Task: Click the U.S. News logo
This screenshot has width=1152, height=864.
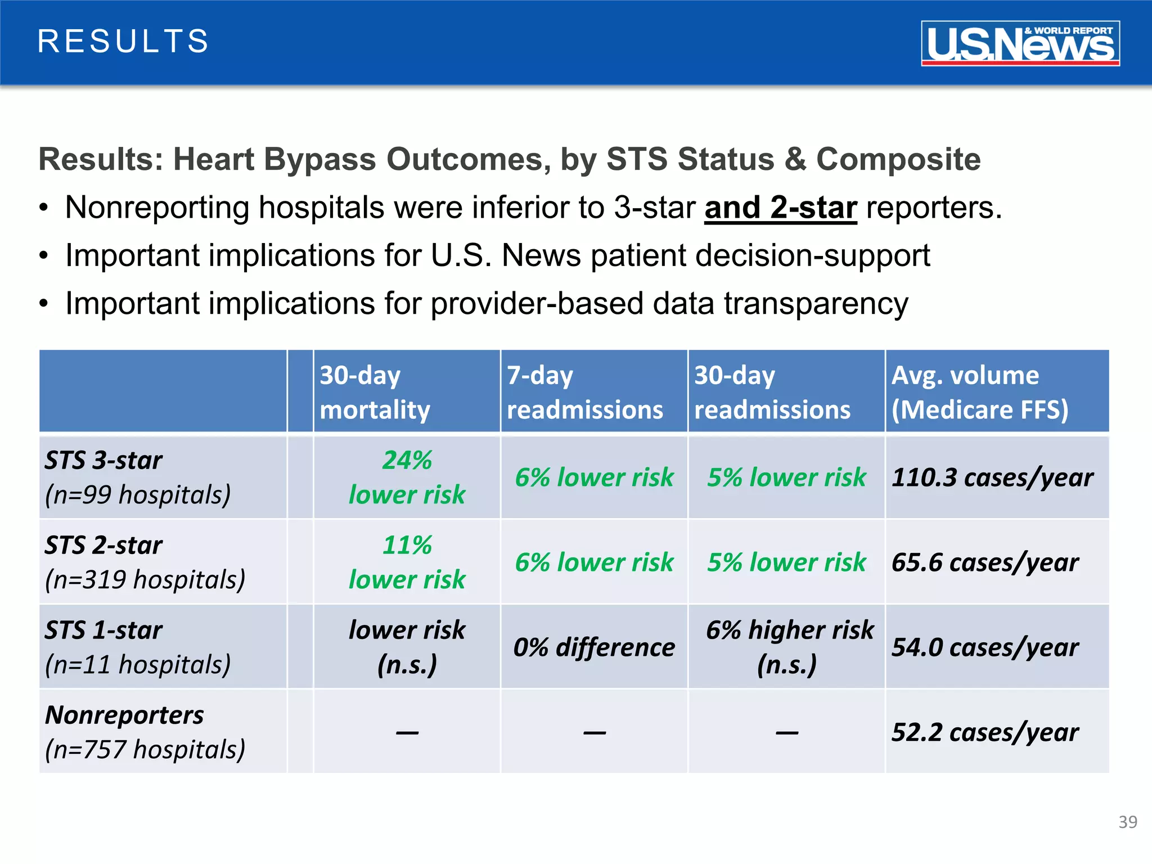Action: coord(1020,43)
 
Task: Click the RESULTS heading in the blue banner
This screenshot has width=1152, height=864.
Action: coord(123,42)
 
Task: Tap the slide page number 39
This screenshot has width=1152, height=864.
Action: coord(1127,822)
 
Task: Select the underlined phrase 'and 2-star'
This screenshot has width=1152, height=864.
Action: coord(780,208)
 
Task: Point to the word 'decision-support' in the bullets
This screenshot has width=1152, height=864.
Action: coord(812,256)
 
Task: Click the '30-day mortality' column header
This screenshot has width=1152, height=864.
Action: coord(375,392)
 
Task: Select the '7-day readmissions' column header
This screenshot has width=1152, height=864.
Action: coord(584,392)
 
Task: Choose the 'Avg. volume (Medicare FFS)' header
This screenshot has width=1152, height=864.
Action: coord(979,392)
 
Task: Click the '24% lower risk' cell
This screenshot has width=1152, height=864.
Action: coord(407,478)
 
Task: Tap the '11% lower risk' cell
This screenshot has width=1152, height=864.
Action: coord(407,562)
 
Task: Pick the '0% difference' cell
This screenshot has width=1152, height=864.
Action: coord(594,647)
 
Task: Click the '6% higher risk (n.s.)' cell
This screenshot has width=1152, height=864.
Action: coord(789,647)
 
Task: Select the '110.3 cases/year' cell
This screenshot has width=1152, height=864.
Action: coord(992,478)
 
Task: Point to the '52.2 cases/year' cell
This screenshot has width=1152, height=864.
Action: coord(985,732)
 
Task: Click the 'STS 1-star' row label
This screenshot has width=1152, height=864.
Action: coord(103,631)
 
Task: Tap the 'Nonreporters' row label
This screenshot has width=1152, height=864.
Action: coord(124,715)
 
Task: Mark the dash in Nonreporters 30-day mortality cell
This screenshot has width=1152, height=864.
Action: coord(407,732)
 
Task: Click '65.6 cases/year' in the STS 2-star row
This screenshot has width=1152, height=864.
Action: coord(985,562)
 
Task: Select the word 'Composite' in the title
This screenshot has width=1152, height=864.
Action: coord(898,159)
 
